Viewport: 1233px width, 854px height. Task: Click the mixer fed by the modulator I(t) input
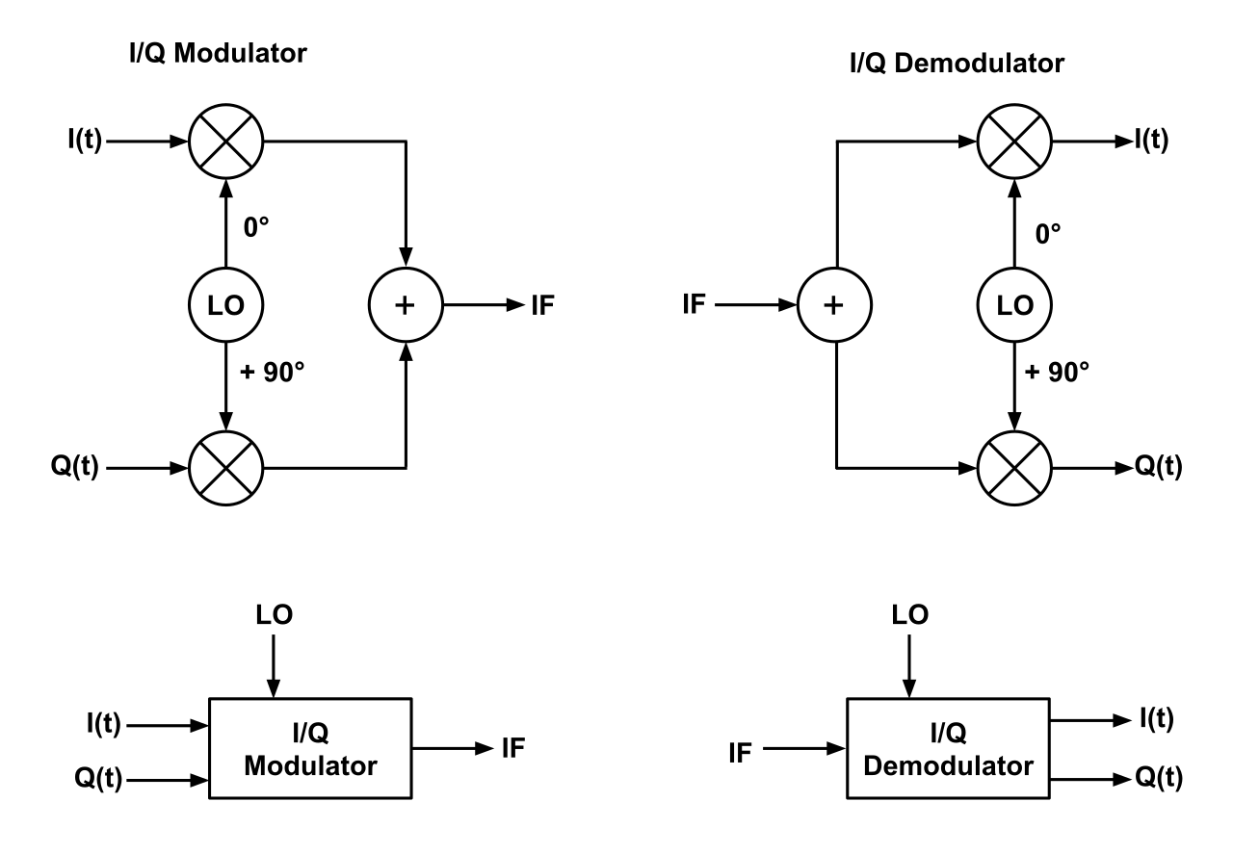(x=226, y=141)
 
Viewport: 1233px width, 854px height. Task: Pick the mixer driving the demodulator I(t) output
(x=1013, y=141)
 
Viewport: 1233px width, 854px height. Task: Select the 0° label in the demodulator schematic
(x=1048, y=231)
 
